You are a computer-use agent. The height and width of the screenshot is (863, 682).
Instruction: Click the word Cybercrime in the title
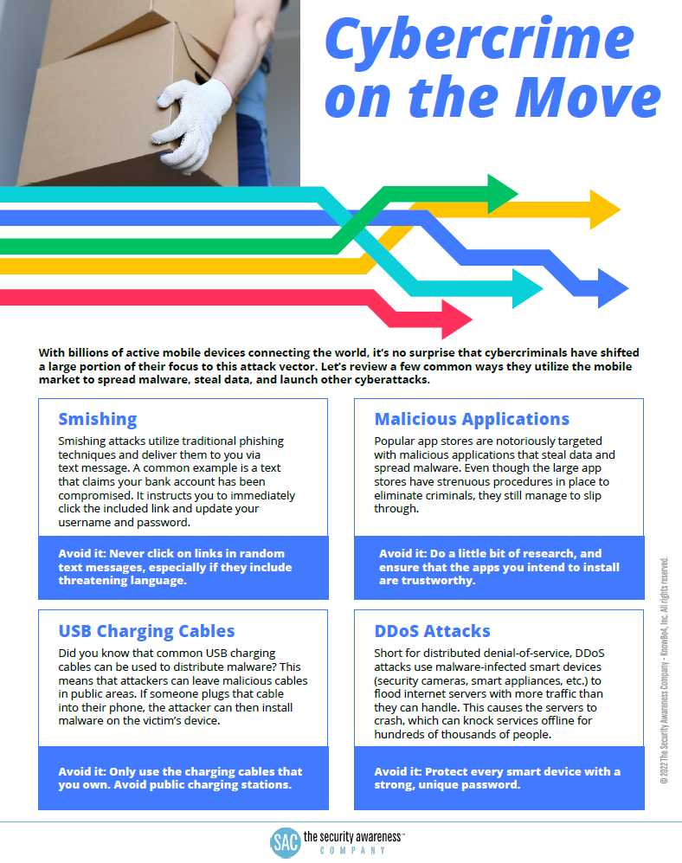click(478, 40)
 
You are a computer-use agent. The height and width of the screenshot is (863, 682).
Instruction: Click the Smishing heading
click(97, 419)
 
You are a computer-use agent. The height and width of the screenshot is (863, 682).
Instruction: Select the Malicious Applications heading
click(472, 419)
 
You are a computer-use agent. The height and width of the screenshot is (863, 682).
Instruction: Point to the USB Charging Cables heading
click(146, 631)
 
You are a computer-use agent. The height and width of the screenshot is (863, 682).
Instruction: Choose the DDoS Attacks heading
click(432, 631)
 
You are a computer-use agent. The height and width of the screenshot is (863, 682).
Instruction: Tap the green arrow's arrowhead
click(501, 192)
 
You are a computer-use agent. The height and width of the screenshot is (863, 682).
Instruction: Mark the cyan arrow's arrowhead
click(526, 288)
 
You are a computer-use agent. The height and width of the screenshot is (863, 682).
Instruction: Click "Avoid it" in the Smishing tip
click(83, 553)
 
